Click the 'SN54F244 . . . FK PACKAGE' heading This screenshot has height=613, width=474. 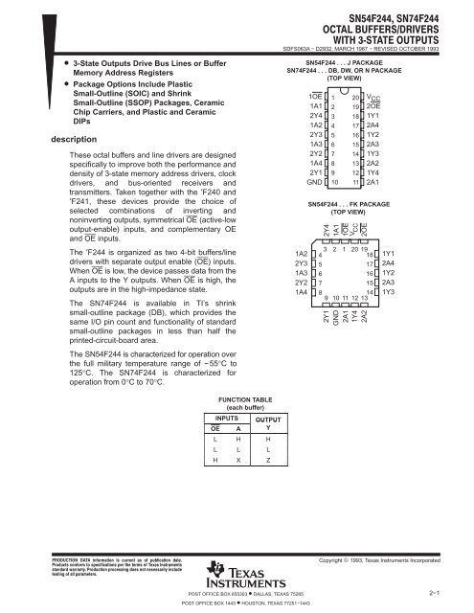342,205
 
